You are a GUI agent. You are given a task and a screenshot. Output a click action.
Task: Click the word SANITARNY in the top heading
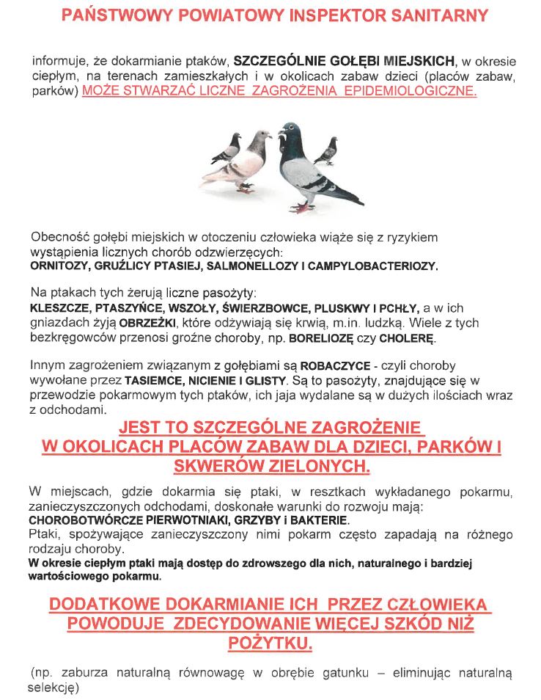click(x=437, y=15)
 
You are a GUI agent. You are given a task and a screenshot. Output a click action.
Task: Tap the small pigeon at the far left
click(x=228, y=148)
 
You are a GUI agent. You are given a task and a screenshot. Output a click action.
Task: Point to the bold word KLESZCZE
click(x=57, y=308)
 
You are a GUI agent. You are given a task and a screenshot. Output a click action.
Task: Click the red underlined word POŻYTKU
click(x=270, y=644)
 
